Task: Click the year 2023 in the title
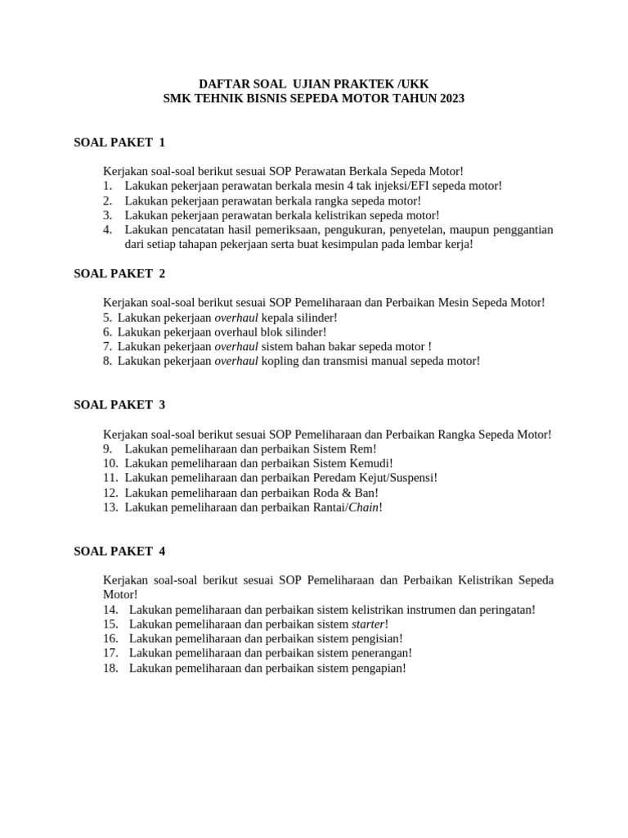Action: click(x=450, y=98)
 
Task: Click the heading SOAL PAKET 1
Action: click(x=119, y=142)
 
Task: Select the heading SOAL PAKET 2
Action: click(x=119, y=273)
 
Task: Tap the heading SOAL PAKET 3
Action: click(x=119, y=404)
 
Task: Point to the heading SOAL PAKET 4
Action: click(x=119, y=552)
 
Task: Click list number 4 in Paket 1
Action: click(x=107, y=230)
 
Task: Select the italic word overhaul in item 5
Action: click(x=236, y=318)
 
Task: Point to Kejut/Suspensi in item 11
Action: click(x=398, y=478)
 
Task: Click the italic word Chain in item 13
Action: click(x=363, y=507)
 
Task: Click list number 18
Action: click(x=111, y=668)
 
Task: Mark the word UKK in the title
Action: click(x=414, y=83)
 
